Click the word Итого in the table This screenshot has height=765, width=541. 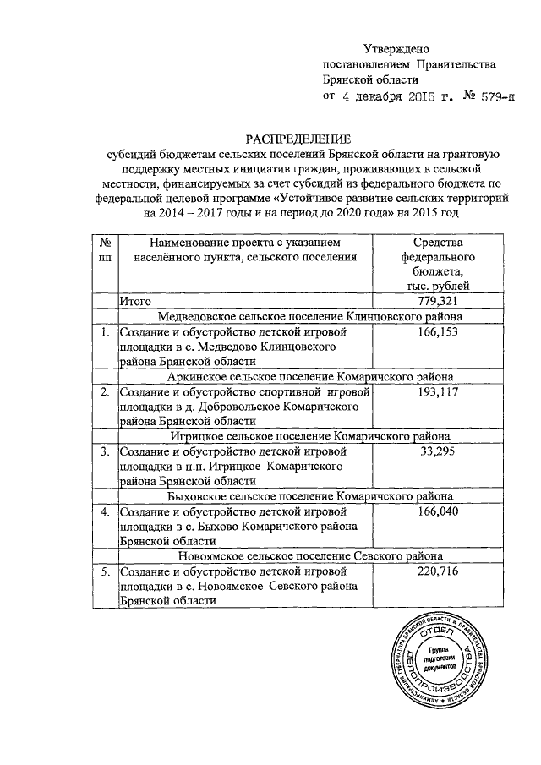[134, 302]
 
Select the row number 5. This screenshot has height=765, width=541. [104, 571]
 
